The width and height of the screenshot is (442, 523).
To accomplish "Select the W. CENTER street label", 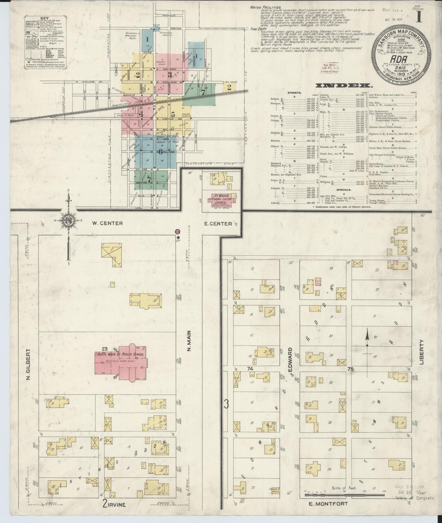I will (107, 223).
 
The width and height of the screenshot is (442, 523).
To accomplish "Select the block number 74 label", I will (250, 368).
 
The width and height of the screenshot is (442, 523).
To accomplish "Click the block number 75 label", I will (351, 369).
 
